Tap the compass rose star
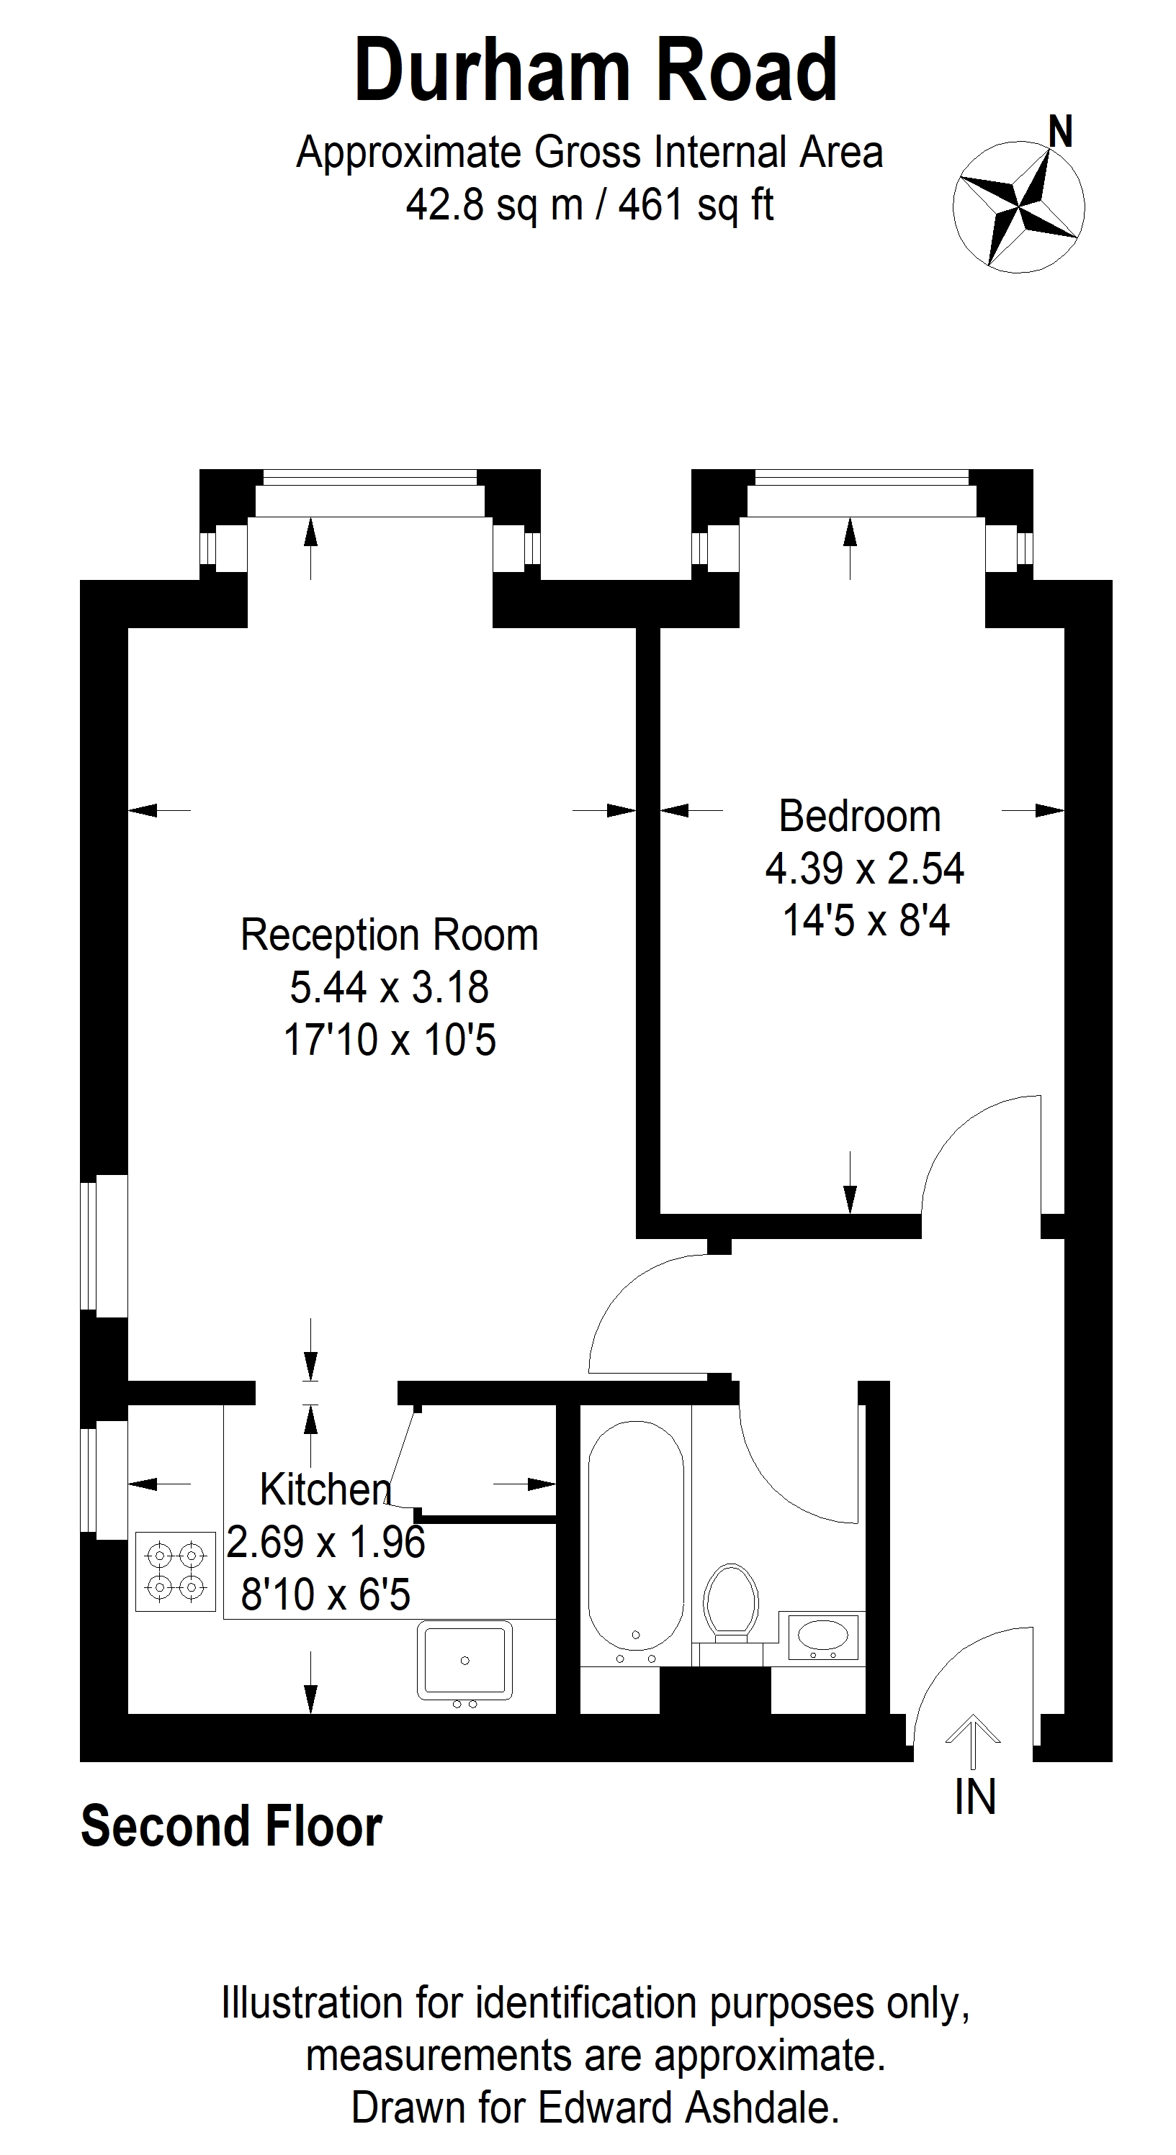(x=1018, y=207)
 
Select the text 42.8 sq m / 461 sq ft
(x=589, y=204)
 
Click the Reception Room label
(x=389, y=935)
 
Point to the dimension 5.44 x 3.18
(x=389, y=987)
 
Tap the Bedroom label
(x=860, y=817)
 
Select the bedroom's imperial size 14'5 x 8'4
(x=866, y=921)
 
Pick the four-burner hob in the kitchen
(x=176, y=1570)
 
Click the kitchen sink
(x=465, y=1660)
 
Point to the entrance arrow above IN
(x=973, y=1736)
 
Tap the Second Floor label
(x=232, y=1827)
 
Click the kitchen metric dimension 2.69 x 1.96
(x=326, y=1542)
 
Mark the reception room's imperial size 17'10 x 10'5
(x=389, y=1040)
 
